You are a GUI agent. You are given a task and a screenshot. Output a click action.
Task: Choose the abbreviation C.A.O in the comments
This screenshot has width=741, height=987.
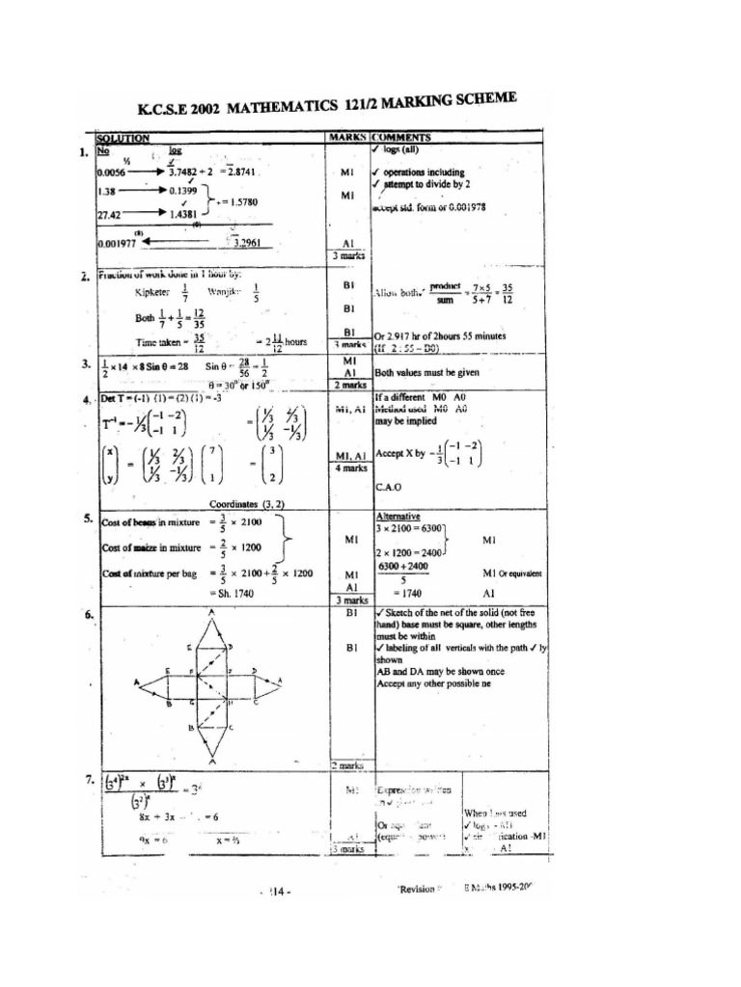[x=389, y=488]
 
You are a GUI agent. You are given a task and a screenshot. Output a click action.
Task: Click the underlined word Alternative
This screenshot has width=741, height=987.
[x=398, y=516]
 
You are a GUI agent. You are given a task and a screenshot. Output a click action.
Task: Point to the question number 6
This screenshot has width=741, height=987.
[x=89, y=614]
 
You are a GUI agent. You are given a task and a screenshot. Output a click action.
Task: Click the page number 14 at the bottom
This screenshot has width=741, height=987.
[x=279, y=892]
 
